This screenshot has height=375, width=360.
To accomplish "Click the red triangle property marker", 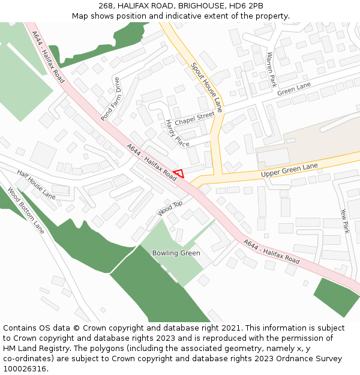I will click(178, 174).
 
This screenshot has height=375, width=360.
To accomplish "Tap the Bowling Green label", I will click(176, 253).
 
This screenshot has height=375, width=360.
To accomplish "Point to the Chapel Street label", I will click(194, 116).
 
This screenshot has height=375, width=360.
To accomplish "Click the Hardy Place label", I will click(177, 133).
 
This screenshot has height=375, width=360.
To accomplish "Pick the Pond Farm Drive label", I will click(110, 100).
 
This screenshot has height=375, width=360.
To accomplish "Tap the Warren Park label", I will click(271, 68).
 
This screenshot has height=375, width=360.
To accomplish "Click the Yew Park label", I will click(344, 221).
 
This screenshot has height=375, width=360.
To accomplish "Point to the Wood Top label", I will click(170, 208).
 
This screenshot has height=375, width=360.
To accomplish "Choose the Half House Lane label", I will click(36, 184).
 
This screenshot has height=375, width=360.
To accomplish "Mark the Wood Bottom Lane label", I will click(26, 211).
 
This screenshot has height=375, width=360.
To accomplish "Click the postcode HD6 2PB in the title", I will click(247, 5).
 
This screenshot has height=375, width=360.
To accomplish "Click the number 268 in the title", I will click(106, 5).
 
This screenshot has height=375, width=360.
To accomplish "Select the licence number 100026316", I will click(25, 369).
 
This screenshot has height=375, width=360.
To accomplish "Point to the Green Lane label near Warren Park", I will click(294, 89).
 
